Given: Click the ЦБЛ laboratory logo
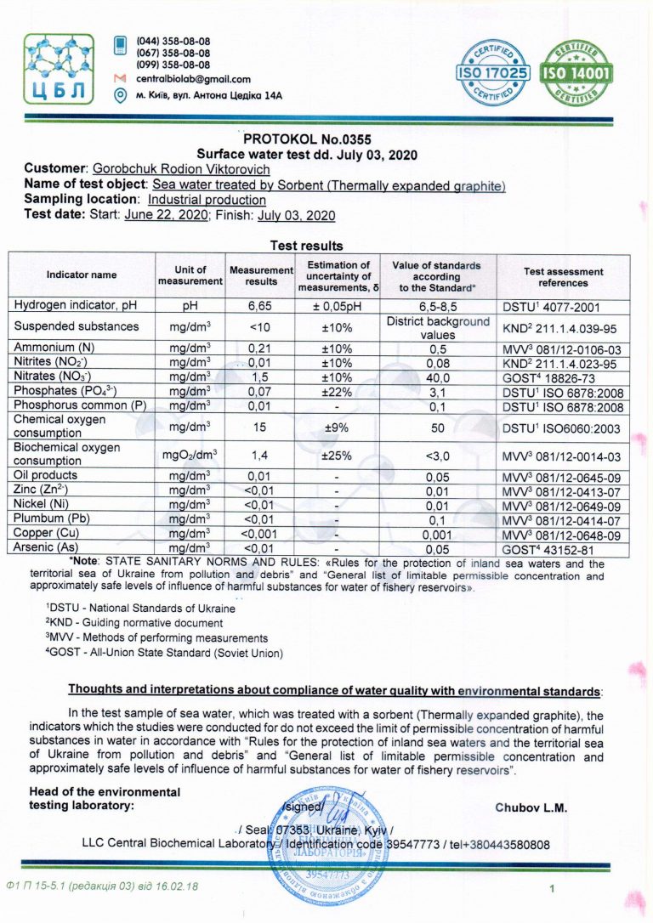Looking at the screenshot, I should click(x=60, y=68).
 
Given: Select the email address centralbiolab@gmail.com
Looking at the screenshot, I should click(x=193, y=79).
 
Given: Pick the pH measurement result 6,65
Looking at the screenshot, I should click(x=260, y=305).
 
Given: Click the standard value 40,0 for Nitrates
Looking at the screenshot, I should click(x=437, y=376).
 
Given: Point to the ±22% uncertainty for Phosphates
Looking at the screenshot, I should click(x=338, y=390).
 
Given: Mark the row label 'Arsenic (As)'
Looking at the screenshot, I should click(x=48, y=548).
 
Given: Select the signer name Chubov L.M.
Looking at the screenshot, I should click(x=531, y=807).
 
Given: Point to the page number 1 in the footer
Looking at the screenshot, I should click(x=552, y=889).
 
